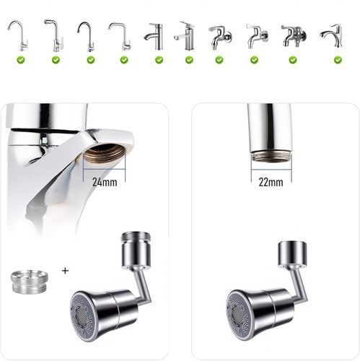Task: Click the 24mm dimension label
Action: pos(105,182)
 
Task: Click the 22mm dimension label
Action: pos(271,182)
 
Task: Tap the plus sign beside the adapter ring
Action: pos(65,271)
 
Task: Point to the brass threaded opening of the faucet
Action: pos(105,155)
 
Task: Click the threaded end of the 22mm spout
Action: pos(271,157)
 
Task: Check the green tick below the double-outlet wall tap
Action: pos(293,60)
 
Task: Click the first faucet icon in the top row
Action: pos(18,35)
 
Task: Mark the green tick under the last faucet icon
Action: pos(338,60)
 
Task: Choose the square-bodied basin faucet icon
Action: pos(185,35)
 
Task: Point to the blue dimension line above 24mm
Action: pos(105,170)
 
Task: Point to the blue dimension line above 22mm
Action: pos(271,170)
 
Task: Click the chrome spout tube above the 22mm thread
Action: pos(270,128)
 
